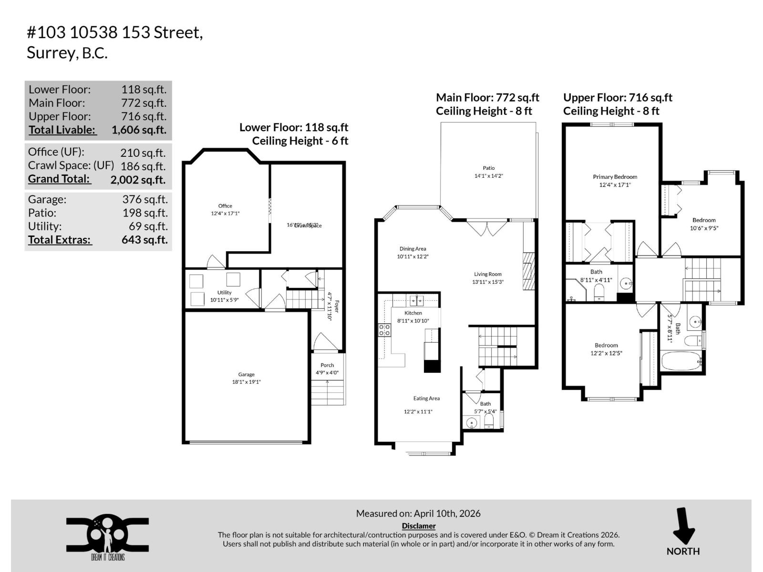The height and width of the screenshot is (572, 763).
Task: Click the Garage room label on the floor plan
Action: (x=246, y=375)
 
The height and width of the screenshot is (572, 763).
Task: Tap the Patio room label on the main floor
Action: (x=488, y=168)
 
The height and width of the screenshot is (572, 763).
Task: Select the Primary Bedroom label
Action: (x=615, y=177)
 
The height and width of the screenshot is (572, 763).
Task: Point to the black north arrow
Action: (x=683, y=526)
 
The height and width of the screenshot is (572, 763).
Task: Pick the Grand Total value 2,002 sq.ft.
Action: (x=138, y=180)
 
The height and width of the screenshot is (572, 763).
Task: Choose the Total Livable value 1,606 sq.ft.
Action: (x=139, y=130)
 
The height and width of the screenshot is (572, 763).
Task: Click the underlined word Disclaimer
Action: (x=419, y=526)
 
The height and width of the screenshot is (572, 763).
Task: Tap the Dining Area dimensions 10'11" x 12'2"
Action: (x=412, y=256)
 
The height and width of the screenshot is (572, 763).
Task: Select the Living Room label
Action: (x=487, y=274)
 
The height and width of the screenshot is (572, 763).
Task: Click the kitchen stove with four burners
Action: (x=384, y=330)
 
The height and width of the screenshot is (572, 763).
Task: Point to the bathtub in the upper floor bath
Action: (x=681, y=361)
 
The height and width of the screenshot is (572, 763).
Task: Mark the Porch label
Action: (x=327, y=365)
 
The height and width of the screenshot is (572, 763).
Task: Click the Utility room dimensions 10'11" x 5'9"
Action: (x=224, y=300)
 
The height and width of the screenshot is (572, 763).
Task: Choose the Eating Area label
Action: (x=426, y=398)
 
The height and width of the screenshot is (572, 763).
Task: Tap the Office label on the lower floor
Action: (x=225, y=206)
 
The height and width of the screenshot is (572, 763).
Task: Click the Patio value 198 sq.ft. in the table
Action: (x=145, y=213)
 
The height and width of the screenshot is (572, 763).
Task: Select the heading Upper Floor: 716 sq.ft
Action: (x=618, y=98)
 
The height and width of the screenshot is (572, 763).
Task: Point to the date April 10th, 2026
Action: (x=447, y=513)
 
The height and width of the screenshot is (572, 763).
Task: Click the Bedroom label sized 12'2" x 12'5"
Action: (x=606, y=345)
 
